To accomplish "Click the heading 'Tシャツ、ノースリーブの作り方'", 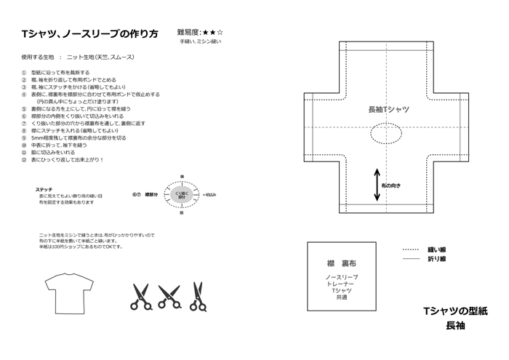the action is point(90,34).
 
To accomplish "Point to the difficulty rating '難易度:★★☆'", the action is point(200,33).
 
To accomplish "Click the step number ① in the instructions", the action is point(24,73).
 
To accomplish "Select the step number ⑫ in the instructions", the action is point(24,159).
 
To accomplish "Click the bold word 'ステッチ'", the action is point(43,188).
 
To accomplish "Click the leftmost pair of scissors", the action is point(140,295).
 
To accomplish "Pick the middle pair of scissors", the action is point(169,294).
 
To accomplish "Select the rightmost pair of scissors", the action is point(196,294).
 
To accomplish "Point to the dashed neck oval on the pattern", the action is point(390,134).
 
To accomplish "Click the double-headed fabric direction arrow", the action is point(377,185).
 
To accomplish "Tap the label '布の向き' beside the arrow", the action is point(391,185).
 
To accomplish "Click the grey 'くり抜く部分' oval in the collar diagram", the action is point(182,194).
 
